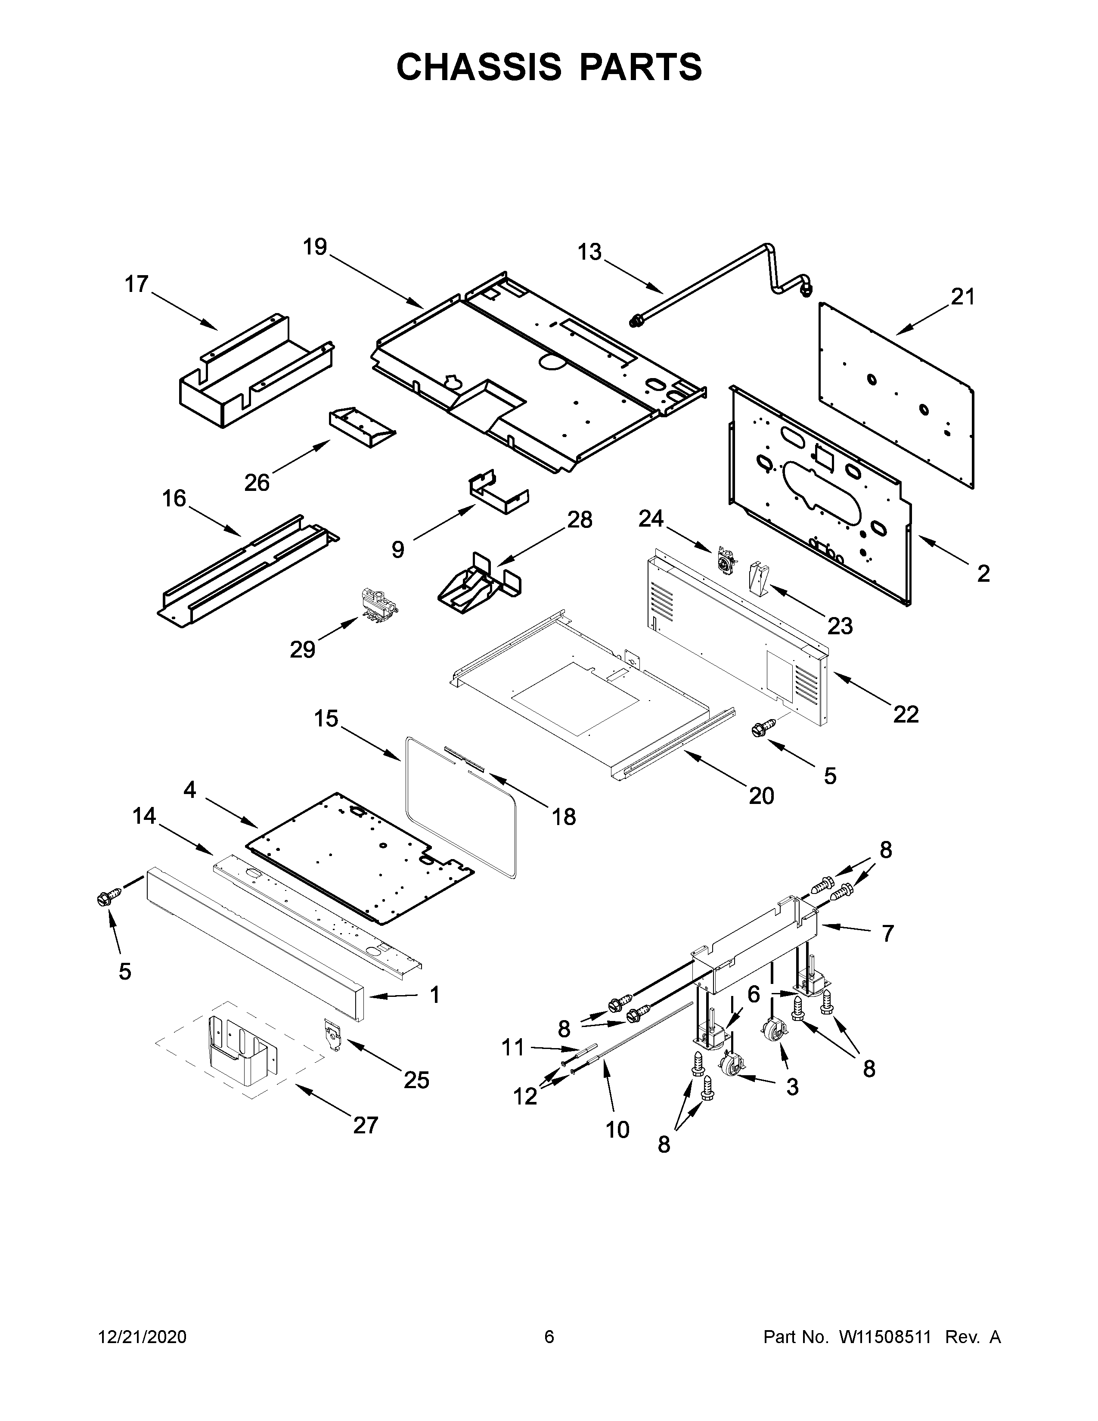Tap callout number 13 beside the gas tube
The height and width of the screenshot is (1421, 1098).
pos(590,252)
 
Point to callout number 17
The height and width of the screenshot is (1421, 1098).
pos(136,284)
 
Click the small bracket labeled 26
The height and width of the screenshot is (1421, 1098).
pos(362,427)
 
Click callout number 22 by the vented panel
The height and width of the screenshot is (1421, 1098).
pos(906,714)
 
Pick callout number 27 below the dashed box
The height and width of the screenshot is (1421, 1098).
pos(365,1124)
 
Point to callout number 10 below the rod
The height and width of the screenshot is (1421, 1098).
pos(617,1129)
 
